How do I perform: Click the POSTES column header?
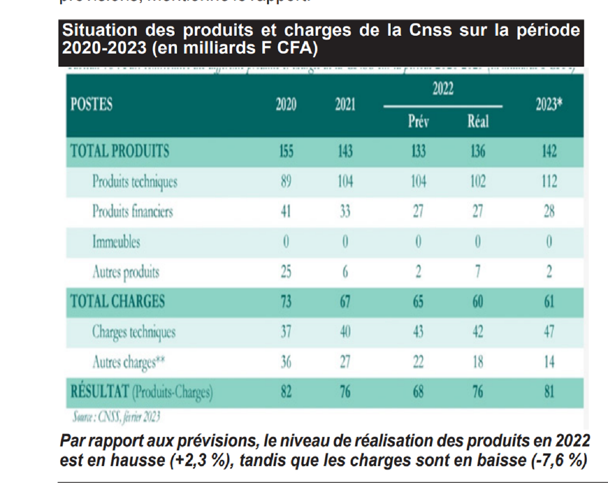[92, 104]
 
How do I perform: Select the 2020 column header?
[286, 104]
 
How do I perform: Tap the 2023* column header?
[549, 104]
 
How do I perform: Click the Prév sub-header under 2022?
[418, 122]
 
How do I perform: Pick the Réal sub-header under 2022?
[478, 122]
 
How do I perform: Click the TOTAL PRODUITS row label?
[120, 151]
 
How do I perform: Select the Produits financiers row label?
[133, 211]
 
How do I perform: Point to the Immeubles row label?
[116, 242]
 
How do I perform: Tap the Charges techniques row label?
[134, 332]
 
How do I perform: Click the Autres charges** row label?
[128, 362]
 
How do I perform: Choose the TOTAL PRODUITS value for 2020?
[286, 151]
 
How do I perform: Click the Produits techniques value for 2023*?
[549, 181]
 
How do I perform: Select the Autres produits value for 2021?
[345, 272]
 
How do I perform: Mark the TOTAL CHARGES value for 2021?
[345, 302]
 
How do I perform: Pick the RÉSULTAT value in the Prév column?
[418, 392]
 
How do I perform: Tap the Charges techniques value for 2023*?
[549, 332]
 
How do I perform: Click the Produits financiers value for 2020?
[286, 211]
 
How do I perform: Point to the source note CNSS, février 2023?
[117, 417]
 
